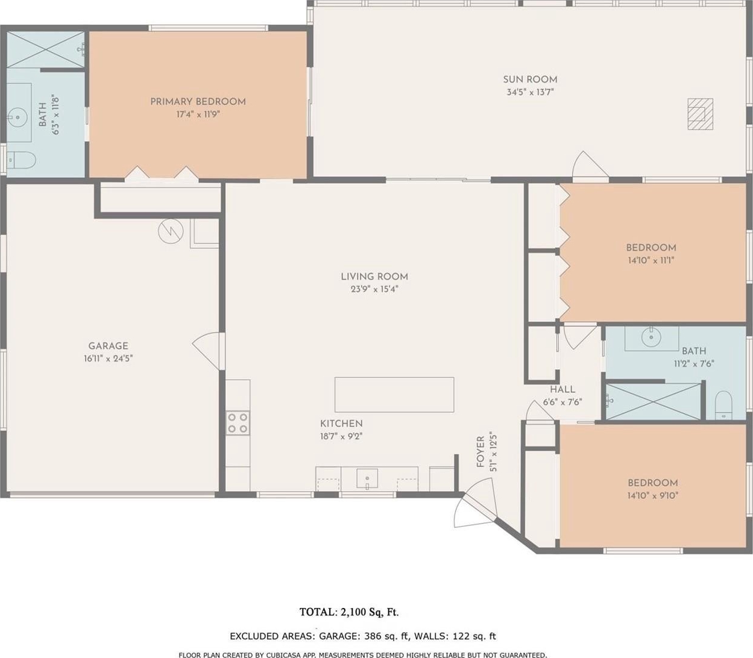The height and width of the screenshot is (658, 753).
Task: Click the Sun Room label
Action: click(530, 80)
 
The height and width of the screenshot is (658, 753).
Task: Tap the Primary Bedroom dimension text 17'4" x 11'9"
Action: click(198, 114)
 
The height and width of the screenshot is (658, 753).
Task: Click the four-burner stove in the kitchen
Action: click(238, 423)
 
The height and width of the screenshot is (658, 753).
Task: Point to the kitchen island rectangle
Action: click(394, 395)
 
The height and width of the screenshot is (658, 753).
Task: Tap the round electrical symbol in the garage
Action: click(171, 231)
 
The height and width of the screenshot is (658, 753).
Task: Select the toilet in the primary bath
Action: click(21, 160)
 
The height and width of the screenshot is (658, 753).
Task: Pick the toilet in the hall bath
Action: click(723, 405)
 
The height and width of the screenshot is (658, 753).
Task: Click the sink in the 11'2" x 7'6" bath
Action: click(651, 337)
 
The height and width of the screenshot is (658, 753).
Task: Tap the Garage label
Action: click(108, 346)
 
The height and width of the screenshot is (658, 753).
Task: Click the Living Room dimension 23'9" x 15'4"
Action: click(374, 289)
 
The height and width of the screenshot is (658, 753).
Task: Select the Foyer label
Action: click(480, 452)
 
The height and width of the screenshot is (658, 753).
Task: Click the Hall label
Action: click(562, 389)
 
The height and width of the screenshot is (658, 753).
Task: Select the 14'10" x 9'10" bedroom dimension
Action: click(653, 496)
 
